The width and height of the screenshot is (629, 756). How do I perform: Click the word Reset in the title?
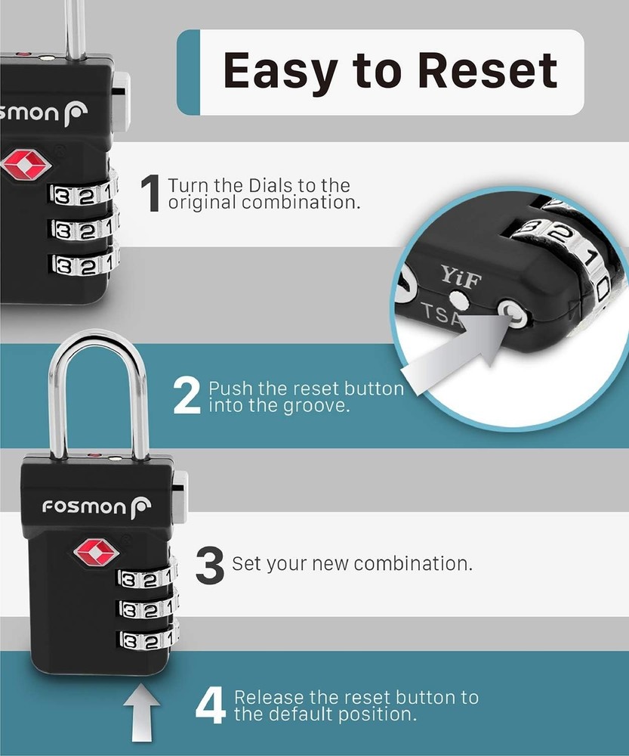coord(488,70)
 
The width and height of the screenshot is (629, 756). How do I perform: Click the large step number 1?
coord(152,194)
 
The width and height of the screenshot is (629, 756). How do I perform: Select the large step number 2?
coord(187,396)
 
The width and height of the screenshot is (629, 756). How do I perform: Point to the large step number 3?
coord(210,565)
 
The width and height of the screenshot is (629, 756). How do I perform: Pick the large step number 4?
coord(209,705)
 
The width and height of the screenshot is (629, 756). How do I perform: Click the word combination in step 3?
coord(412,564)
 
